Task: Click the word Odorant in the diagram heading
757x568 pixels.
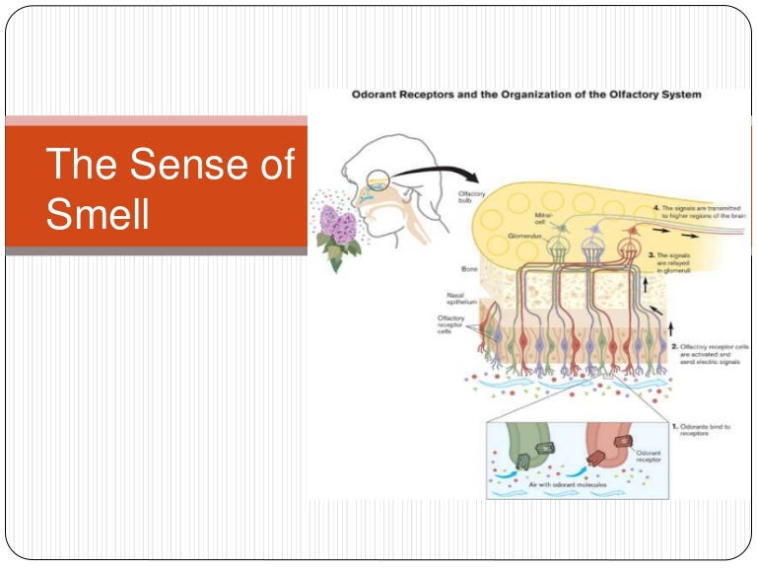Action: pos(380,95)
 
